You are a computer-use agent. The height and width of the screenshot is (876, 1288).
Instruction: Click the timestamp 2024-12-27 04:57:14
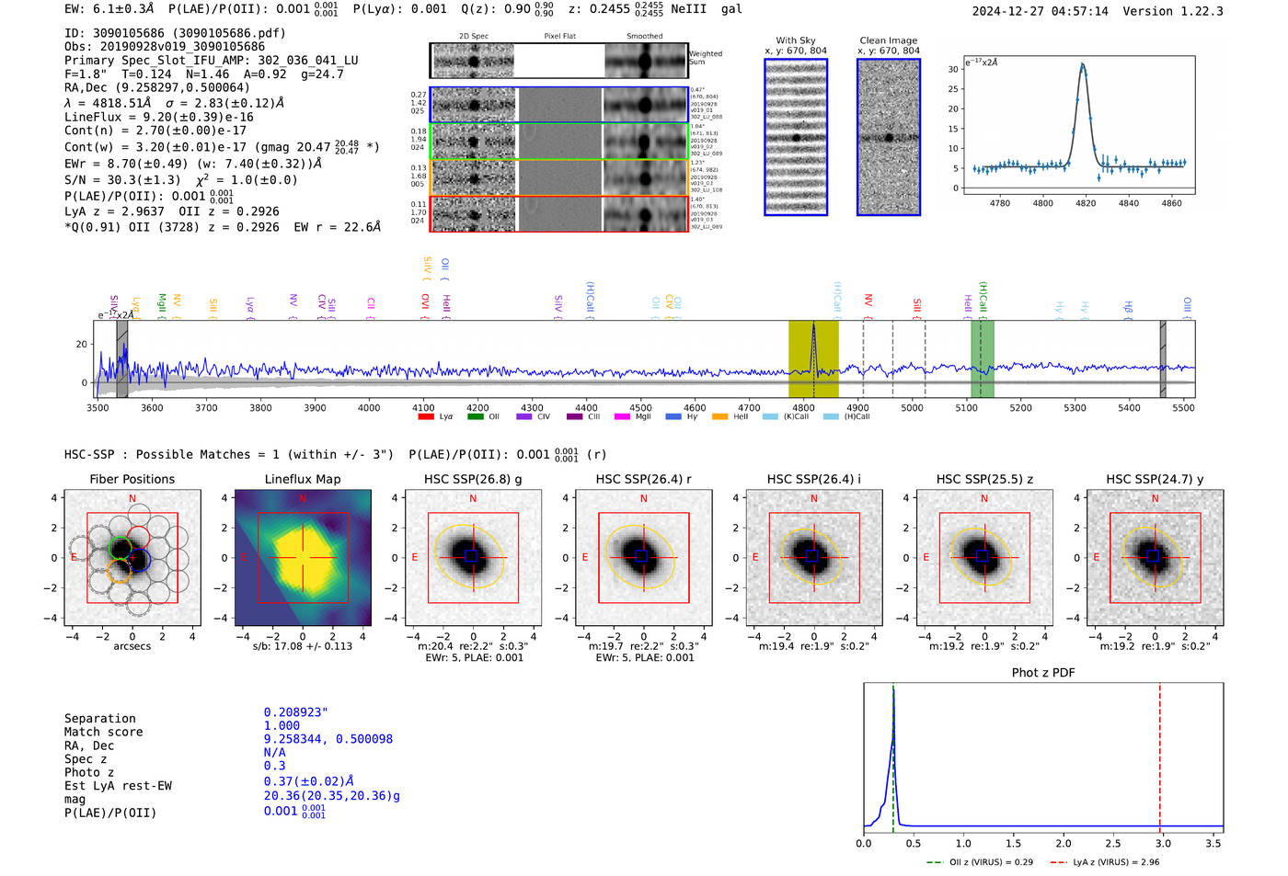click(1040, 11)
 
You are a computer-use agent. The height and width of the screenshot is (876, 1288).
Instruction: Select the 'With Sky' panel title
click(795, 40)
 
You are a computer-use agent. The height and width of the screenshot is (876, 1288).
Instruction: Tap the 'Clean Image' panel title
click(888, 40)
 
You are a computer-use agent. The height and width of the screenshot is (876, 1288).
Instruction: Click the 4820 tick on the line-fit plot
click(1086, 203)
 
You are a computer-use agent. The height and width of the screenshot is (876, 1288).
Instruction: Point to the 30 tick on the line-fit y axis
click(953, 69)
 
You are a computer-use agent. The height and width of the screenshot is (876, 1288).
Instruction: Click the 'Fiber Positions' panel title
click(132, 479)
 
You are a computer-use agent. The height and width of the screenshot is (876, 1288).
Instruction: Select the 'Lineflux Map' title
click(302, 479)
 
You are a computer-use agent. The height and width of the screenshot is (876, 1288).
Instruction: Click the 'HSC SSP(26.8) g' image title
click(473, 479)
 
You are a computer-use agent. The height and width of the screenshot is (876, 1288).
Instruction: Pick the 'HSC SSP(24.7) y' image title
click(1155, 479)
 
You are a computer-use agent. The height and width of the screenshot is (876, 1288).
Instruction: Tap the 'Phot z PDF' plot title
click(1043, 672)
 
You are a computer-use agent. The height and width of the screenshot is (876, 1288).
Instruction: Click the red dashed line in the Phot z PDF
click(1159, 754)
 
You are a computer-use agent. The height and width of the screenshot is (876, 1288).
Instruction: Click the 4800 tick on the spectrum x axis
click(803, 407)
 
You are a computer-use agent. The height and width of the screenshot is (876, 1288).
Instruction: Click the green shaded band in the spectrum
click(983, 358)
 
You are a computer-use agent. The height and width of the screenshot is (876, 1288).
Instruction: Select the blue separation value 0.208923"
click(295, 712)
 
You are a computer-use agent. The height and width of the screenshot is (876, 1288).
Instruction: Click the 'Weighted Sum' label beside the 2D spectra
click(706, 58)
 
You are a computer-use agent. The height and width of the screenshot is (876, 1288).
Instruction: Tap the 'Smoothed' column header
click(644, 37)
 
